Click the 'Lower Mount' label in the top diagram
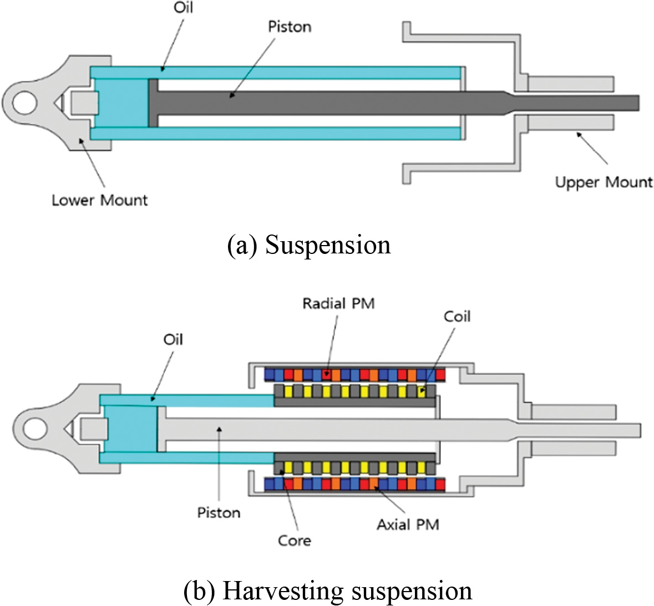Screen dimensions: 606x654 tap(100, 200)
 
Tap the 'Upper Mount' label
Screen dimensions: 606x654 tap(604, 182)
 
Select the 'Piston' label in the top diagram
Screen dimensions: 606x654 tap(290, 27)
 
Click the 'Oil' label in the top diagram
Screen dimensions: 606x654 tap(183, 8)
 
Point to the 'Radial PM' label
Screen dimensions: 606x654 tap(338, 303)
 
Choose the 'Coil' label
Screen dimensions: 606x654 tap(457, 317)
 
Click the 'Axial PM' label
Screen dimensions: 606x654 tap(408, 524)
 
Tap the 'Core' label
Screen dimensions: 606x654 tap(295, 540)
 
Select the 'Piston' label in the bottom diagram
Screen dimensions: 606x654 tap(219, 512)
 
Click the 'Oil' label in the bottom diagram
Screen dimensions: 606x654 tap(173, 339)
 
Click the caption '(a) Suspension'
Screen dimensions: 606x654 tap(309, 245)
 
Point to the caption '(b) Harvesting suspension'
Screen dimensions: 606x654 tap(327, 591)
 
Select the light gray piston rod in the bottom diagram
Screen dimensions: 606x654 tap(333, 430)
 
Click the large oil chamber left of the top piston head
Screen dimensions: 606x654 tap(122, 103)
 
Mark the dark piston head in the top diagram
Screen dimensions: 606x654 tap(154, 103)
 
